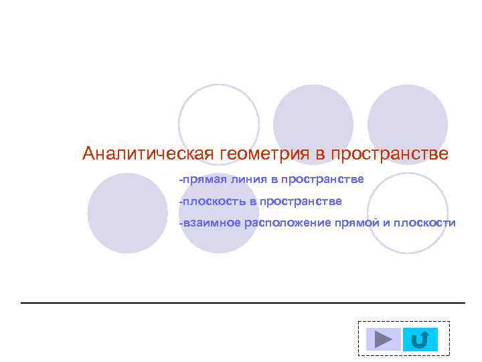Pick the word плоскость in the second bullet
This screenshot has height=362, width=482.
[216, 201]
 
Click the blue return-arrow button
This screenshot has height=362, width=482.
[420, 339]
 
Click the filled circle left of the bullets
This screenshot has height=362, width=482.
[127, 213]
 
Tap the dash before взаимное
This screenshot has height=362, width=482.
[180, 223]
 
